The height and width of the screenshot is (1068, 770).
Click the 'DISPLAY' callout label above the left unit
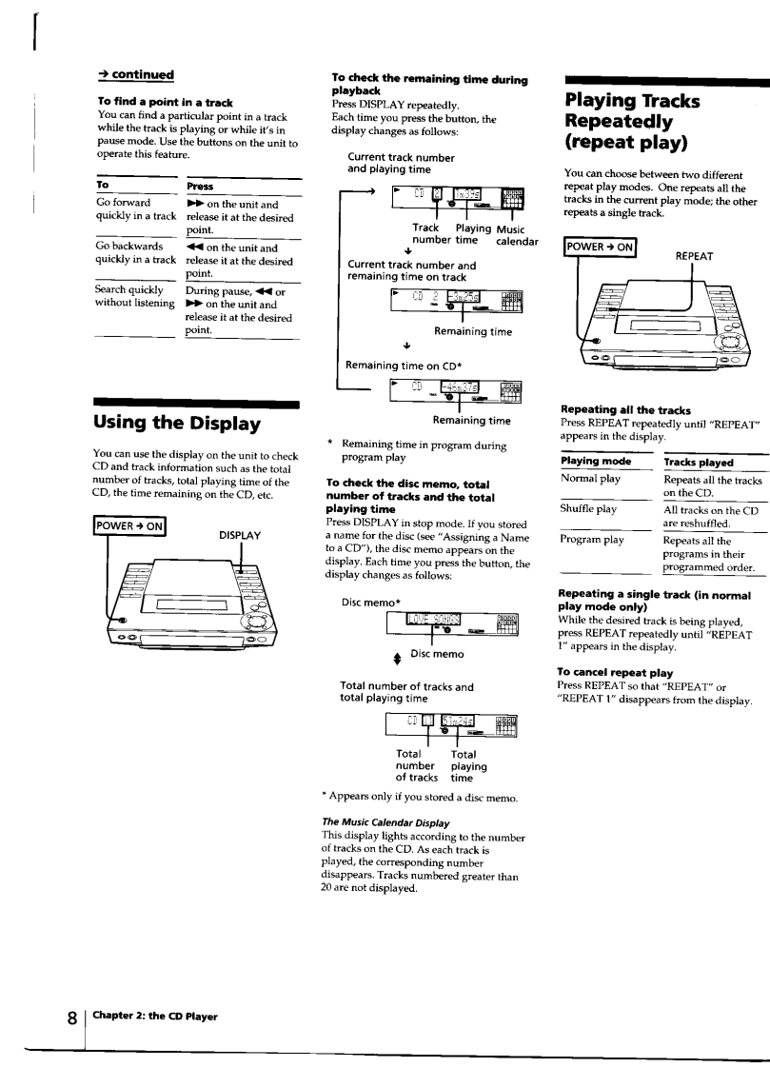click(240, 535)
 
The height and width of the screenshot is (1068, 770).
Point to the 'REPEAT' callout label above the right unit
click(695, 256)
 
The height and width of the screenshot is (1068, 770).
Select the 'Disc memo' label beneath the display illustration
click(438, 653)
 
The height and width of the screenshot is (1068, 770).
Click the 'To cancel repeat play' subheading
click(615, 672)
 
